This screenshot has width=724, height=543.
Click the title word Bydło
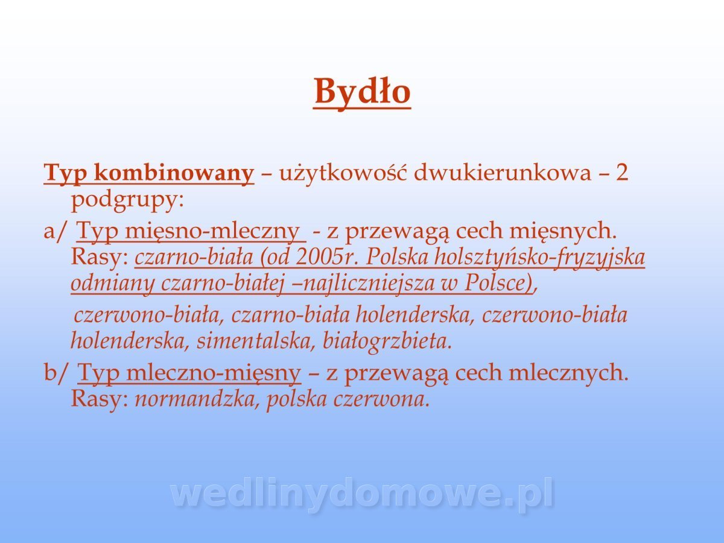click(362, 92)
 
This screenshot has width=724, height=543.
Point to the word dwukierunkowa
click(503, 173)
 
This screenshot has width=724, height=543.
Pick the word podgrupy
click(127, 201)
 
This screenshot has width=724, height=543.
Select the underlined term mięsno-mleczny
click(212, 232)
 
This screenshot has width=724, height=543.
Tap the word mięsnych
click(563, 232)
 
